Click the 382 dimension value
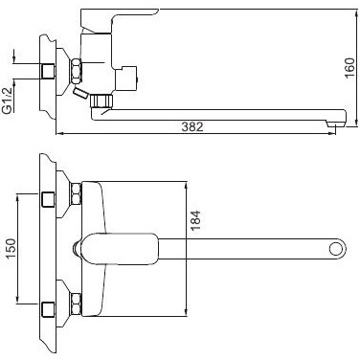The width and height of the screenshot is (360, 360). [192, 127]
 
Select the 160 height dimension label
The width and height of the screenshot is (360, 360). [350, 67]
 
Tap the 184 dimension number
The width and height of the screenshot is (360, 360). [194, 220]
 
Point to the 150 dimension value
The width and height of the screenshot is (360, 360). [11, 248]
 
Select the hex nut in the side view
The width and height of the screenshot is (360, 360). [77, 71]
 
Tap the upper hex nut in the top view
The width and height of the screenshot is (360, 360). [77, 193]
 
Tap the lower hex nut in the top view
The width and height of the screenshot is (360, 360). [77, 304]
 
